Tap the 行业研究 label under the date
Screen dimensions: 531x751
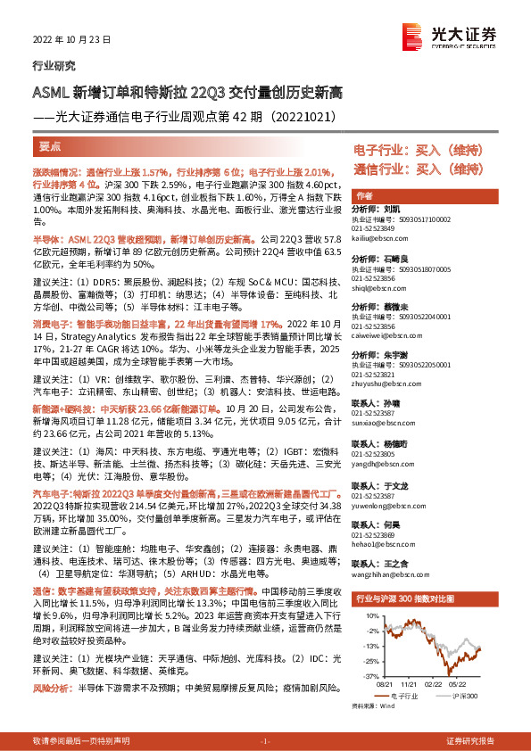(54, 65)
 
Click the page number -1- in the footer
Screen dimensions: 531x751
(264, 741)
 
